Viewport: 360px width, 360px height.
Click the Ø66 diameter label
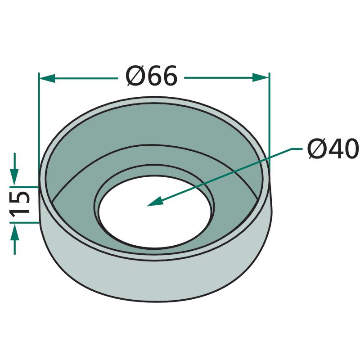[x=152, y=76]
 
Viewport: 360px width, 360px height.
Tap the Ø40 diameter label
[x=333, y=149]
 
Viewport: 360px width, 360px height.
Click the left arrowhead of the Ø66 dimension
[x=47, y=78]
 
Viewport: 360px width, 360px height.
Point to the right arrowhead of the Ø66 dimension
[x=261, y=77]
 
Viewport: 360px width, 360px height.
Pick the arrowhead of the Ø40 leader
[x=155, y=201]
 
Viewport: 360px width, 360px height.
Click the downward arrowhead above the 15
[x=14, y=177]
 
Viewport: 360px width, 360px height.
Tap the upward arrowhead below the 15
[x=15, y=232]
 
